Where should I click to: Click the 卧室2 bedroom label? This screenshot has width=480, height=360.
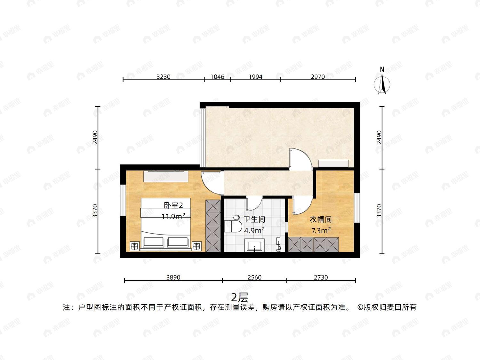[173, 205]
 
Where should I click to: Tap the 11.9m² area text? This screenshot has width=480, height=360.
[173, 216]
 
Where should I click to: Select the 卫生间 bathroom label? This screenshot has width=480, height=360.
[254, 220]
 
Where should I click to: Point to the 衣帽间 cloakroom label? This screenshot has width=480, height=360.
[321, 220]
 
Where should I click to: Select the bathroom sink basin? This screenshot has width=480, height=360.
[254, 245]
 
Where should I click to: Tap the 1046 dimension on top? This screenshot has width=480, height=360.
[217, 77]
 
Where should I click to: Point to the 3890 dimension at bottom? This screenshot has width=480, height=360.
[173, 277]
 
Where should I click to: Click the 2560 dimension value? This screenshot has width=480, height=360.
[254, 277]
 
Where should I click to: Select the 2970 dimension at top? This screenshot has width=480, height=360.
[318, 77]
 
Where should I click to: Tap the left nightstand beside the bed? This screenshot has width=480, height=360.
[134, 246]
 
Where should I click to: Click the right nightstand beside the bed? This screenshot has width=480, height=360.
[196, 246]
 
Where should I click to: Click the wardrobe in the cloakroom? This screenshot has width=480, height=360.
[313, 244]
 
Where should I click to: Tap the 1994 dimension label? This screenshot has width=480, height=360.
[255, 77]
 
